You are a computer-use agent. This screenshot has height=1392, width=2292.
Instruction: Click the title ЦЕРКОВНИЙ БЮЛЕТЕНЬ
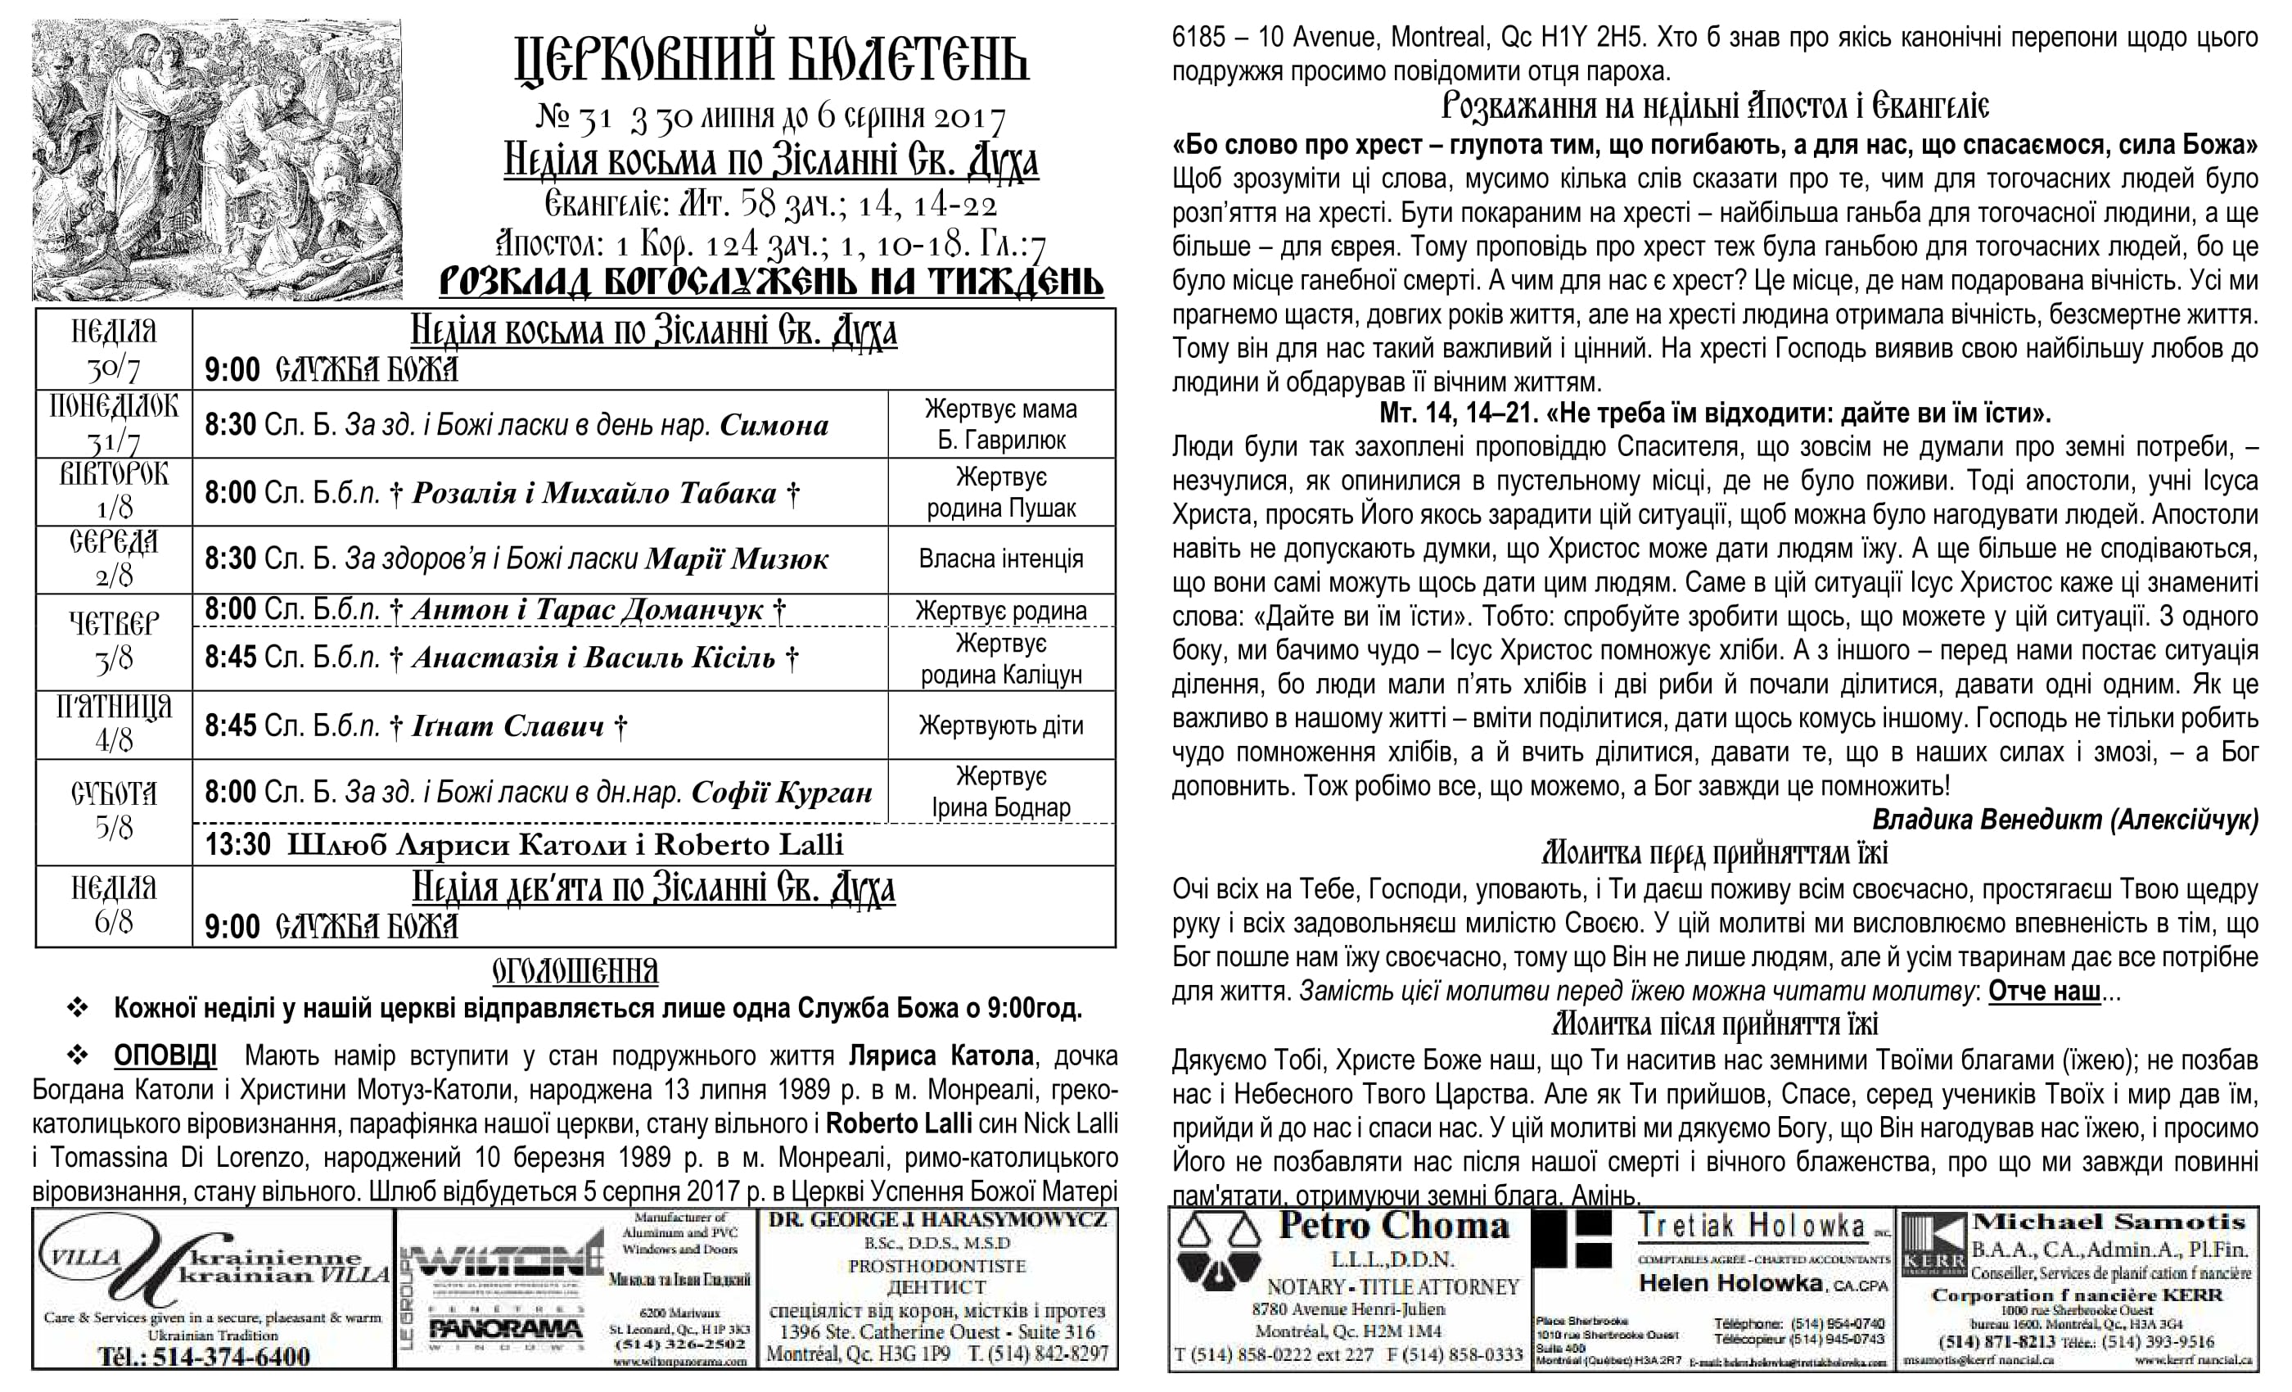point(771,61)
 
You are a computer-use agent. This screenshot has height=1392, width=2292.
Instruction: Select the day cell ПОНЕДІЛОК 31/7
point(114,423)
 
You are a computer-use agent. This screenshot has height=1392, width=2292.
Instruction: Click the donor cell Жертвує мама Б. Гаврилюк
point(1001,424)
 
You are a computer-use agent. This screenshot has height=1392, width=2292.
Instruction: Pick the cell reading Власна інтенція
point(1001,559)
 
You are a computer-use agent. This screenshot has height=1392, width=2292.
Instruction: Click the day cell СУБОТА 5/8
point(114,811)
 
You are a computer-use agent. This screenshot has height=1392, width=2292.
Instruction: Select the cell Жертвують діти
point(1001,725)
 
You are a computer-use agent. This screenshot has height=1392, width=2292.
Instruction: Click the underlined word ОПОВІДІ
point(165,1056)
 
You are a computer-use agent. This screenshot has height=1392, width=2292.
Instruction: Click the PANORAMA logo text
point(506,1331)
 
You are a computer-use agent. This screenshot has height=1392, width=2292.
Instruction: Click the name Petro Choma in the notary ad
point(1393,1227)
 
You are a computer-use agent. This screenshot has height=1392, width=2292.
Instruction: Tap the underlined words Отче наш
point(2044,992)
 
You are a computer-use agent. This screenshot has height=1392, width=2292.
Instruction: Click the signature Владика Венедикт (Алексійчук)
point(2065,820)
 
